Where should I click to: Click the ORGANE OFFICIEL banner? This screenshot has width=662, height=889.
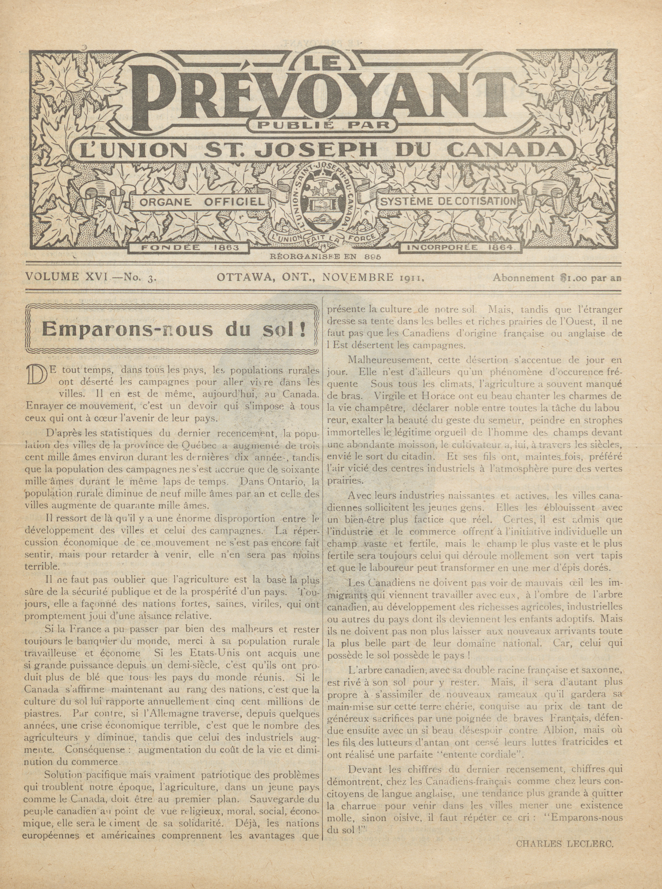pos(202,202)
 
